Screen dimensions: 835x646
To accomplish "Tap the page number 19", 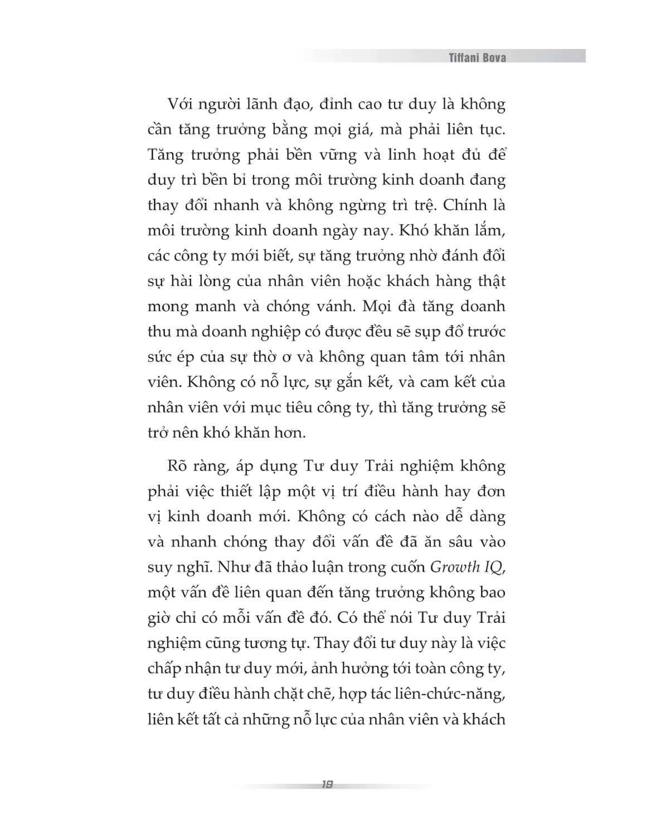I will (327, 784).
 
